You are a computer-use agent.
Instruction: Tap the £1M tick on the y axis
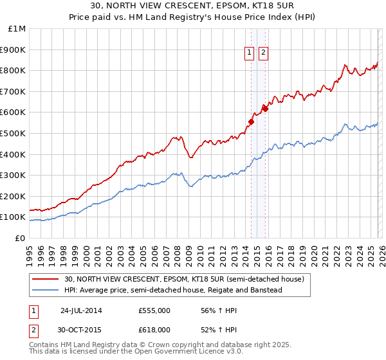(17, 29)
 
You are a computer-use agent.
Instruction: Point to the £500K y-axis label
(13, 133)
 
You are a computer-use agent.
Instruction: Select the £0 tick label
(20, 238)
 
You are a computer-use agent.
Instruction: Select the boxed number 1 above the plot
(250, 54)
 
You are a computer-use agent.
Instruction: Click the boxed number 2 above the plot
(264, 54)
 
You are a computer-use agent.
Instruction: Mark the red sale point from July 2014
(251, 122)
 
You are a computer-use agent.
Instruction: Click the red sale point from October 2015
(265, 108)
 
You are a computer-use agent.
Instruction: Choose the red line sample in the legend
(46, 279)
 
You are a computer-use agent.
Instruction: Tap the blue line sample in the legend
(46, 290)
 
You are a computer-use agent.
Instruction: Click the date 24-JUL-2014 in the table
(81, 310)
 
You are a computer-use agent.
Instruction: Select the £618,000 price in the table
(154, 329)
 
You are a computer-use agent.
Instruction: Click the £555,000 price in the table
(154, 310)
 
